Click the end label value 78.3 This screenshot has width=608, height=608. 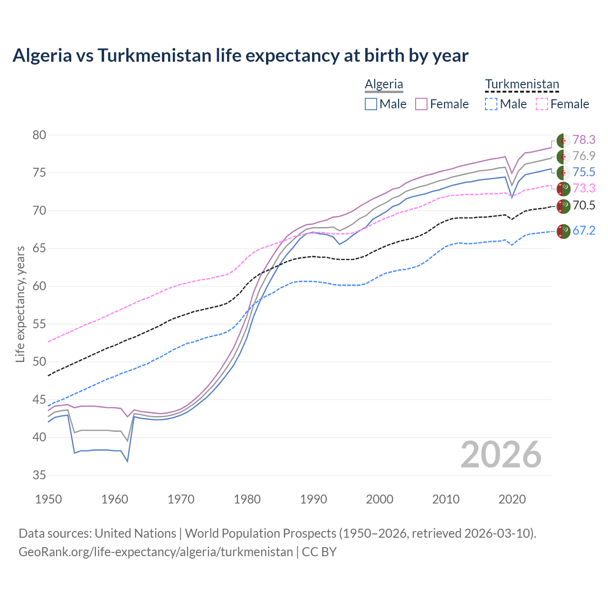point(583,140)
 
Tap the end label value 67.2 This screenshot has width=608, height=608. point(583,230)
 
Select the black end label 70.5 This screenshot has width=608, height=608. point(583,205)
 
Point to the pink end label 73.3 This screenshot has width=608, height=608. point(583,188)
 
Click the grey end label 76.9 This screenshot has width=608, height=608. point(583,156)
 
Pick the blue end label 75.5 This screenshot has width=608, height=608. point(583,172)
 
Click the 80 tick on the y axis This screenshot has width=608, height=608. point(39,135)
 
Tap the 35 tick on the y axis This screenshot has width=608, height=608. point(39,475)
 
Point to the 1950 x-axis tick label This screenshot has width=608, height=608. point(48,499)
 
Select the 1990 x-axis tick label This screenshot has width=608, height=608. point(313,499)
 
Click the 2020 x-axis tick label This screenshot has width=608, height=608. point(512,499)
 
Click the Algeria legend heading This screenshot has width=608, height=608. point(384,84)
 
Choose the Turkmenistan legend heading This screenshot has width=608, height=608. point(522,84)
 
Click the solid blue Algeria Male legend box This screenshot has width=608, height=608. point(371,104)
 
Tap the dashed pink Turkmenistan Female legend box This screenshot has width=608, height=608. point(542,104)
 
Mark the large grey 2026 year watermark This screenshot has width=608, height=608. point(501,455)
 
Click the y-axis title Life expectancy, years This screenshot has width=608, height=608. point(20,304)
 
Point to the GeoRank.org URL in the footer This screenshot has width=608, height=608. point(156,552)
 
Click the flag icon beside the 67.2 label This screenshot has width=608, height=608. point(563,231)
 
